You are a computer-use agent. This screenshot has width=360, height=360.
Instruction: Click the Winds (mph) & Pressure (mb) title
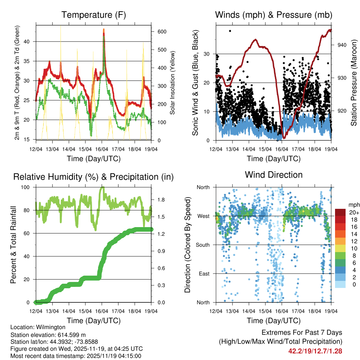(x=274, y=15)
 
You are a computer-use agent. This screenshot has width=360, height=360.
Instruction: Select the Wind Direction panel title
(x=274, y=175)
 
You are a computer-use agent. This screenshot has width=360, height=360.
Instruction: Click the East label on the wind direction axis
(x=203, y=274)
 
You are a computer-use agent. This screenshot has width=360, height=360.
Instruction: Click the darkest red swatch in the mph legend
(x=340, y=212)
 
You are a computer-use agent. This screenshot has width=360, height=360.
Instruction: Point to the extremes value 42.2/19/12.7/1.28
(x=315, y=351)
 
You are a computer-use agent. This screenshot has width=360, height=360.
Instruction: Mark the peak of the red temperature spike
(x=104, y=30)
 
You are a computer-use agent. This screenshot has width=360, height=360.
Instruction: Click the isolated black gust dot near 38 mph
(x=230, y=31)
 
